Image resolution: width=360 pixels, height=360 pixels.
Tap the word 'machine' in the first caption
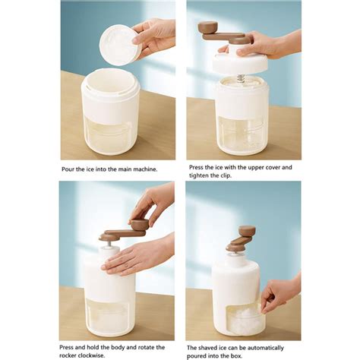point(141,169)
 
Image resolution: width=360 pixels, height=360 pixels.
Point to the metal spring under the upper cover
point(241,77)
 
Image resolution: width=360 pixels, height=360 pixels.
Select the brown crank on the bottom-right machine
point(242,238)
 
